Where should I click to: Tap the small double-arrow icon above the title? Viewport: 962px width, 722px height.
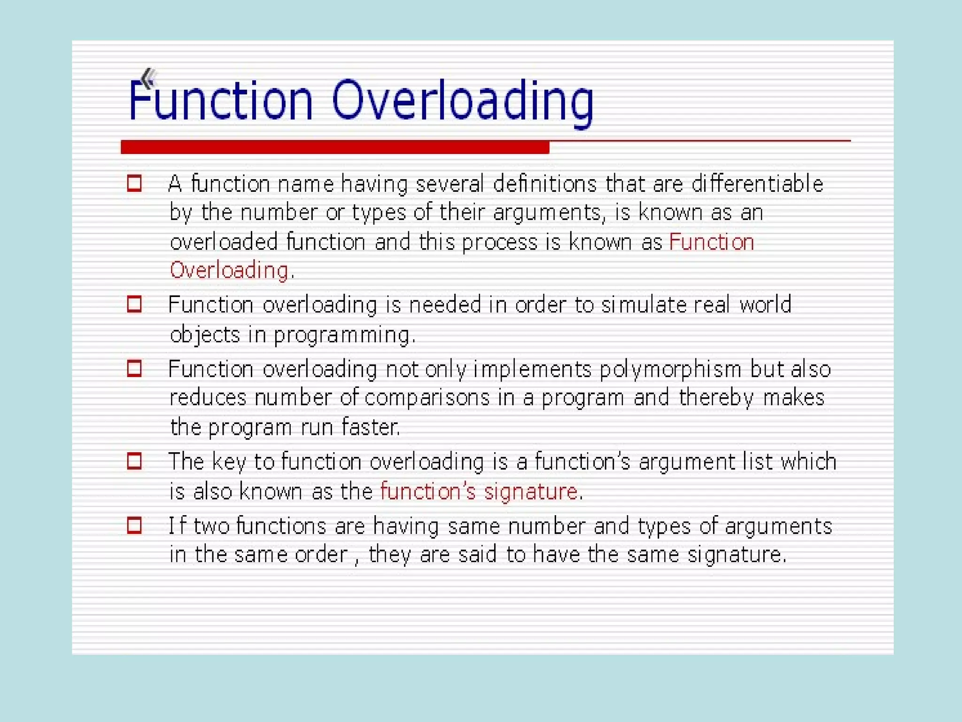pos(147,78)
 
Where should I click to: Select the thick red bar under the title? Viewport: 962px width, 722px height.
pos(334,147)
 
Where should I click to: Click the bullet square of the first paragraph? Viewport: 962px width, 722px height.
pos(134,183)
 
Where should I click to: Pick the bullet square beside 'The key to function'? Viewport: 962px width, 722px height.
pos(134,461)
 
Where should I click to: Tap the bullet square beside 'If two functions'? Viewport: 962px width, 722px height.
pos(134,525)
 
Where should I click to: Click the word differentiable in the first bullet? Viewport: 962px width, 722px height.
pos(757,184)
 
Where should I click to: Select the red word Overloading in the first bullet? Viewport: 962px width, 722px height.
pos(229,271)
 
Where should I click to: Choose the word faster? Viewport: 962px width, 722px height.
pos(371,427)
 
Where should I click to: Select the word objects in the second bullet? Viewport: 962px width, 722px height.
pos(205,335)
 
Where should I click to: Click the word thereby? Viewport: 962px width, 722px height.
pos(716,398)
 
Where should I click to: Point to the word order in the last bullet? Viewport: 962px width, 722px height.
pos(321,555)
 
